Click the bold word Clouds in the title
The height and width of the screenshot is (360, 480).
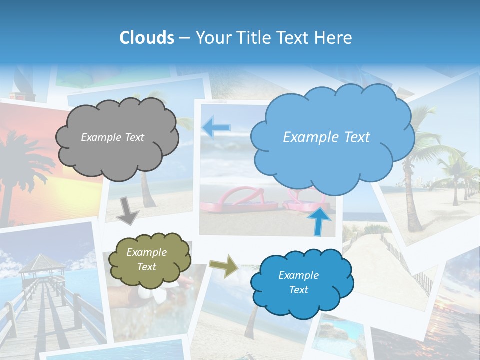(147, 38)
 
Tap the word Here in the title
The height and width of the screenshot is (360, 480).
(335, 38)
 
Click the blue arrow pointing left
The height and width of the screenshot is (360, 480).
(216, 127)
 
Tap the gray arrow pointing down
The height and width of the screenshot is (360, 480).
(128, 210)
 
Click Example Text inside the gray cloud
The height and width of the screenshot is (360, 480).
(112, 137)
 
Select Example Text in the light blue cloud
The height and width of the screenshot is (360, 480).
(326, 137)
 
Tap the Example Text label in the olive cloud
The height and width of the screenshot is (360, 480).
(147, 259)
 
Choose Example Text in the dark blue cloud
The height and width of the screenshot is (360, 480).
(298, 282)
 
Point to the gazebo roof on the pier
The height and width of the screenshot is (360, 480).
(42, 262)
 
